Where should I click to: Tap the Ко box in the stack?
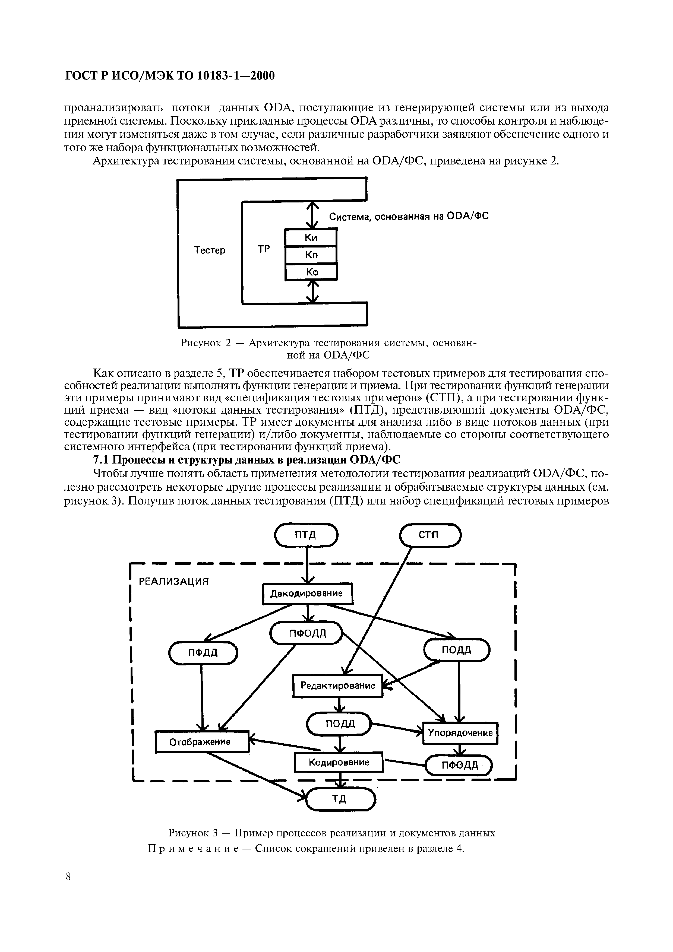point(311,272)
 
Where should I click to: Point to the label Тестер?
point(210,250)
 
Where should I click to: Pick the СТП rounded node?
point(430,535)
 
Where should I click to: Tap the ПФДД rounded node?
point(203,653)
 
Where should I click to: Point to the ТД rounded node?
point(340,799)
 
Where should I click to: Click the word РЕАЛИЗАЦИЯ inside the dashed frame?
point(172,582)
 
